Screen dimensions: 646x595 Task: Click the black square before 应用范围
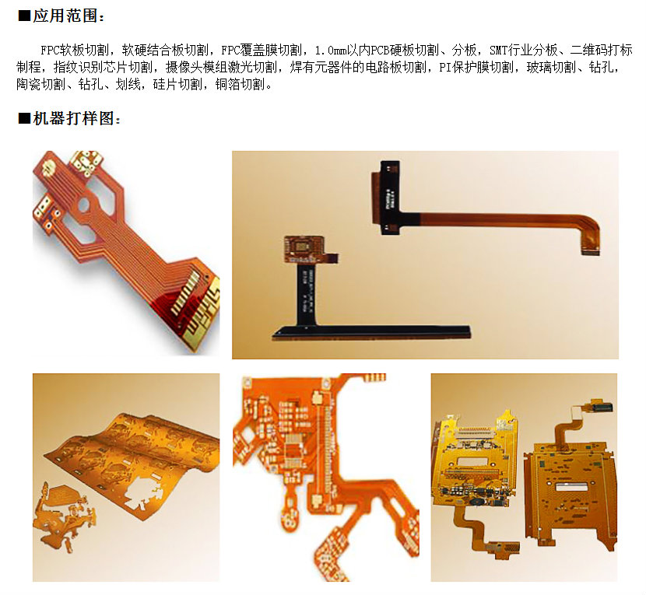pos(24,16)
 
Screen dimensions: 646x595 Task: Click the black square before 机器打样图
pos(24,118)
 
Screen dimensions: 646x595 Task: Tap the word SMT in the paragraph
pos(498,51)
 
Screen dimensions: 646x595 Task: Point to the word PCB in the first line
pos(380,51)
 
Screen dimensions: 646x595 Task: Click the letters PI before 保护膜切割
pos(445,67)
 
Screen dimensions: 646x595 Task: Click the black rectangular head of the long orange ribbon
pos(389,198)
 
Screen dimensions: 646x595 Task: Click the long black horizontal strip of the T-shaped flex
pos(371,332)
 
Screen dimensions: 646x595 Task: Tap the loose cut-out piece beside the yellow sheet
pos(65,514)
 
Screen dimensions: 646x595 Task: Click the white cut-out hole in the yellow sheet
pos(143,493)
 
